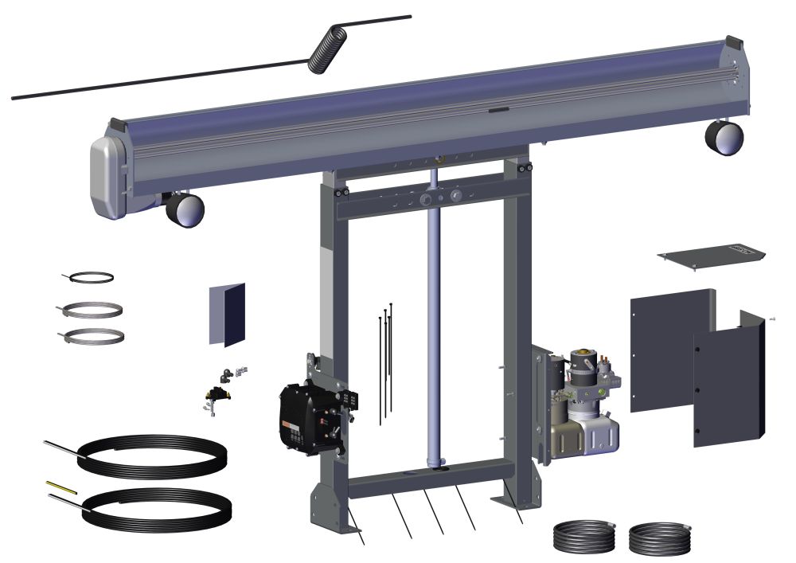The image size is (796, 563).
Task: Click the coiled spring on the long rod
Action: (328, 49)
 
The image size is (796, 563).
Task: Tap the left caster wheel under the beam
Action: (185, 210)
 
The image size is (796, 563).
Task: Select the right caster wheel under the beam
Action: (724, 137)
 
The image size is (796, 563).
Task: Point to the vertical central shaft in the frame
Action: (435, 319)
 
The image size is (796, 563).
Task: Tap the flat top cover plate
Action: (711, 256)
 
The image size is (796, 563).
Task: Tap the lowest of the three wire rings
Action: (93, 336)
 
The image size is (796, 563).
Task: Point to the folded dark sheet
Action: (228, 315)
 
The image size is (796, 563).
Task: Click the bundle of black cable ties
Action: (386, 358)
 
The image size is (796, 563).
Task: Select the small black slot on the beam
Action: (499, 111)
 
